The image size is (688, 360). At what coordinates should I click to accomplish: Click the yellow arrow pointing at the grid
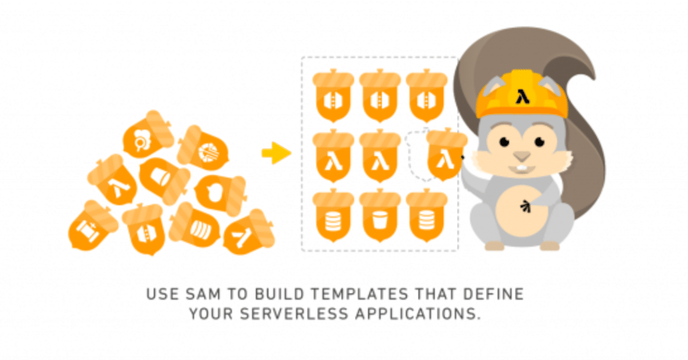click(x=276, y=153)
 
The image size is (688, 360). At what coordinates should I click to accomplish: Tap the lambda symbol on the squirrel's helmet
click(x=521, y=97)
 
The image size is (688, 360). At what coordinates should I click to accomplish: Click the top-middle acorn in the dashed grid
click(x=379, y=97)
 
